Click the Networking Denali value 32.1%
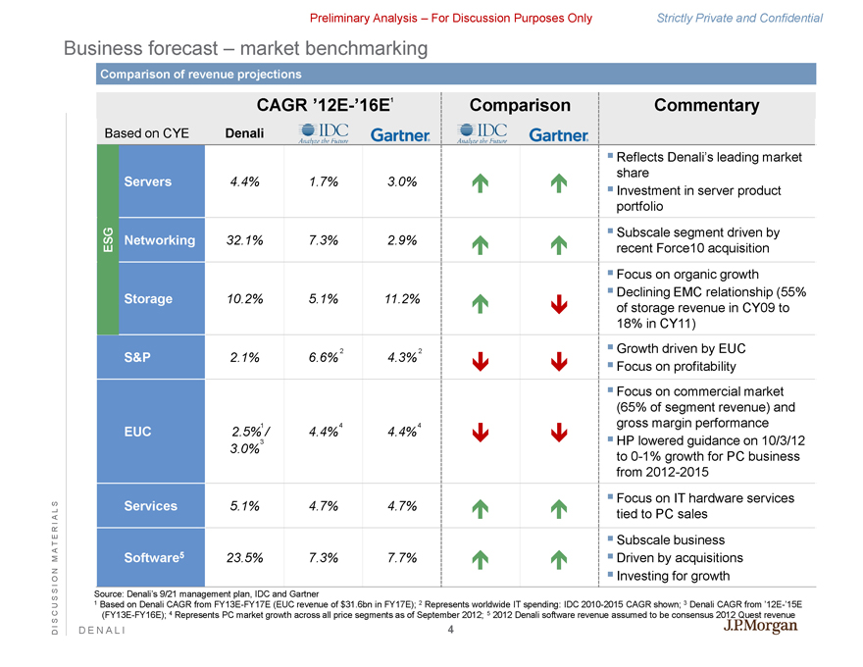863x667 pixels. tap(244, 241)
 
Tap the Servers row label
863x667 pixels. tap(148, 181)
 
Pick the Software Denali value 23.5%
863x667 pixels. tap(244, 558)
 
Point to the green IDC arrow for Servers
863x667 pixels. tap(480, 181)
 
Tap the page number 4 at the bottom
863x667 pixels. tap(449, 630)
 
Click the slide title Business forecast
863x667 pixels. tap(245, 47)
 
